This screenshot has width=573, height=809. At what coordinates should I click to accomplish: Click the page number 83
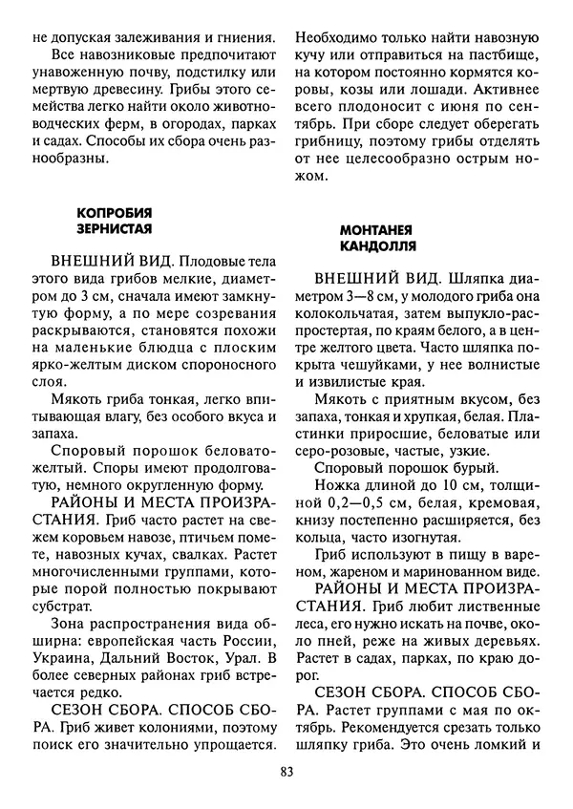(x=286, y=774)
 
